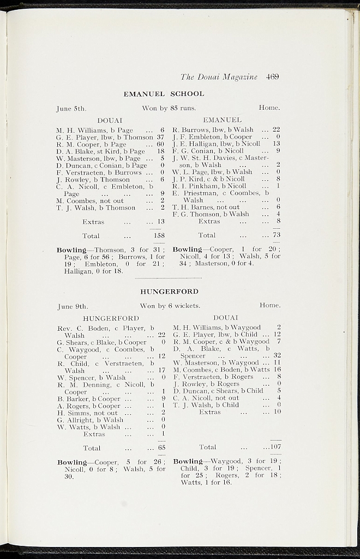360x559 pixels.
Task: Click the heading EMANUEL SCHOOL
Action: coord(164,94)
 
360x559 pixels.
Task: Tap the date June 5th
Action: coord(71,108)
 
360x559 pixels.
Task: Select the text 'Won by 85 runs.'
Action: coord(169,108)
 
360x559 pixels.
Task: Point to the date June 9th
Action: coord(73,306)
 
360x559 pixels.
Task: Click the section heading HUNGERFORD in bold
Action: coord(169,292)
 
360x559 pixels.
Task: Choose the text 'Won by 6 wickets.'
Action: coord(170,306)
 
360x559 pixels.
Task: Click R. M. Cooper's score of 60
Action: coord(160,144)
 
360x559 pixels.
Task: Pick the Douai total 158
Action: coord(159,236)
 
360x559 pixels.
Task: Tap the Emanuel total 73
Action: coord(276,235)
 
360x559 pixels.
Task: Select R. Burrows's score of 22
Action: coord(276,129)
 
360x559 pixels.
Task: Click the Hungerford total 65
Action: coord(161,448)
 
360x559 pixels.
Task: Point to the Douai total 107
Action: coord(274,447)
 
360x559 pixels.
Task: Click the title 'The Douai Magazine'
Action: coord(219,77)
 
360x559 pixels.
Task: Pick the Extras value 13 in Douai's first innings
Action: coord(160,222)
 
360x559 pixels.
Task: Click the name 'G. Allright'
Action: coord(74,420)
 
